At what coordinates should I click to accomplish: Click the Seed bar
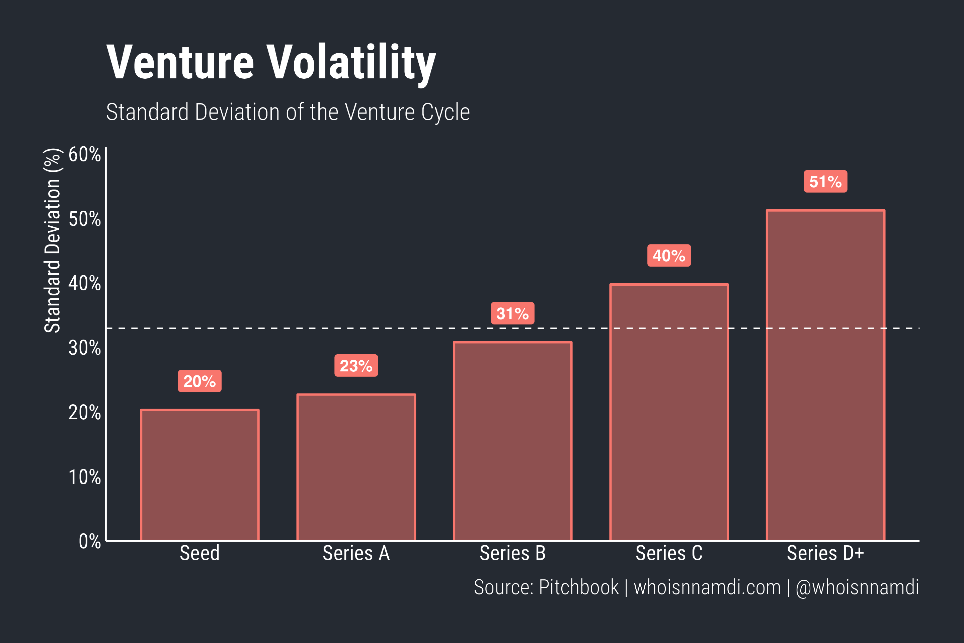tap(199, 475)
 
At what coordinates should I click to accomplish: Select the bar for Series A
tap(356, 468)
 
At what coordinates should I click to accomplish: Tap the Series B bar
tap(512, 441)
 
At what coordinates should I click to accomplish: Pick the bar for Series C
tap(669, 412)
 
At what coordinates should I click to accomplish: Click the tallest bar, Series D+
tap(825, 375)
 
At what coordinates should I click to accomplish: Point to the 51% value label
tap(825, 181)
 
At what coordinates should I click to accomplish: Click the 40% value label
tap(669, 256)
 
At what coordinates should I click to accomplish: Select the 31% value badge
tap(512, 313)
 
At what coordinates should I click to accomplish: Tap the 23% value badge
tap(356, 365)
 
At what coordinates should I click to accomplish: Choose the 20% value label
tap(199, 381)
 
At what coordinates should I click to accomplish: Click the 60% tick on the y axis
tap(84, 155)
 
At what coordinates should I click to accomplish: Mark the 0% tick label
tap(89, 541)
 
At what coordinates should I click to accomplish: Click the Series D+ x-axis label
tap(825, 553)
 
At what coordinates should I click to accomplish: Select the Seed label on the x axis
tap(199, 553)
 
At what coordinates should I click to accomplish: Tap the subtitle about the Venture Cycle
tap(288, 112)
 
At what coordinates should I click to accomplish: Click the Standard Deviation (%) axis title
tap(53, 240)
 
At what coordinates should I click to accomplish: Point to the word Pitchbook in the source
tap(578, 587)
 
